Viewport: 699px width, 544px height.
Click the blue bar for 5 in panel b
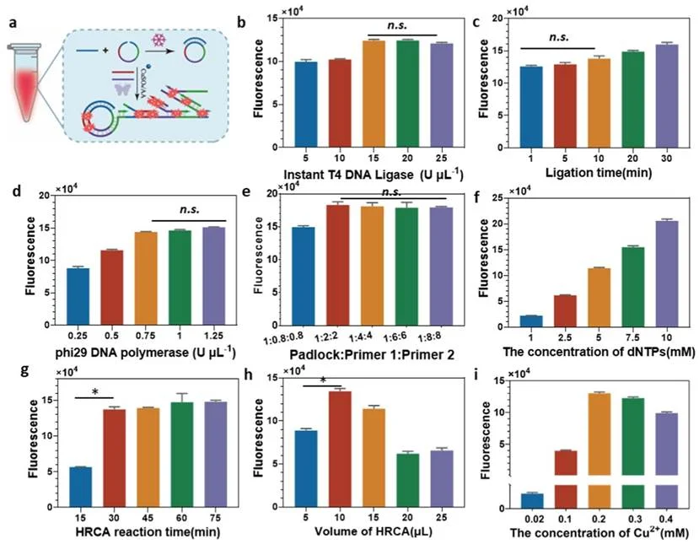pos(306,105)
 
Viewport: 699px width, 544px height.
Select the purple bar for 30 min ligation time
pos(666,96)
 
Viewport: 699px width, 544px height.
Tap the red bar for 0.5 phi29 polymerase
pos(112,288)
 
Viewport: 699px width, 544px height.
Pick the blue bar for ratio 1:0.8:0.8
pos(304,277)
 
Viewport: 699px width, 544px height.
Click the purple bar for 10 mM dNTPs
pos(666,274)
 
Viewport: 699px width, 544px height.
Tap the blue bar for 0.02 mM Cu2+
pos(532,501)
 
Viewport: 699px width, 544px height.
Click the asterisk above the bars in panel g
pos(95,392)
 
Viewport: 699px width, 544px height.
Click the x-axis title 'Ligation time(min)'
pos(599,173)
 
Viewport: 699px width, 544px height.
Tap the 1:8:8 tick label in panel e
pos(429,336)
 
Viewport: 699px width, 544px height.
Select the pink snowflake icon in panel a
pos(159,40)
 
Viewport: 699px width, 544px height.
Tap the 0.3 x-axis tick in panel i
pos(635,519)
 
